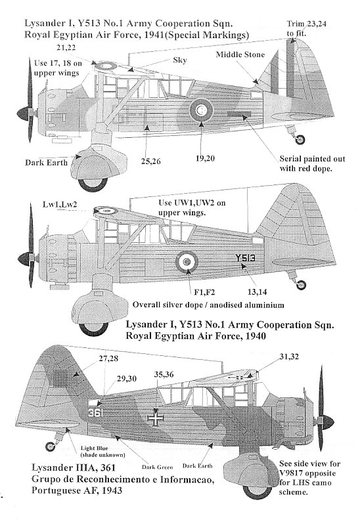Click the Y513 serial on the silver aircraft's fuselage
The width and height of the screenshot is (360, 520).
[245, 257]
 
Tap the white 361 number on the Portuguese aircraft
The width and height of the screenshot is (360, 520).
[96, 413]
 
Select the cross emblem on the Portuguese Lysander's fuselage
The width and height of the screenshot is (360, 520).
[155, 418]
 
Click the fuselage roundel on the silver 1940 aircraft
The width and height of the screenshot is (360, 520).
[187, 261]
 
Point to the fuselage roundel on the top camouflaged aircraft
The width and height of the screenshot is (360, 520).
[202, 110]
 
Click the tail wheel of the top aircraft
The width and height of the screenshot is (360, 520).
[300, 140]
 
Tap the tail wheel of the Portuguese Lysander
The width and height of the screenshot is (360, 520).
[51, 446]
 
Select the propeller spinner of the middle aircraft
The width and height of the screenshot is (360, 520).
[24, 258]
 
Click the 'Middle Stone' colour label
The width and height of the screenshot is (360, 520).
[240, 54]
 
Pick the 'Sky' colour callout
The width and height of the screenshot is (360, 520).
[180, 60]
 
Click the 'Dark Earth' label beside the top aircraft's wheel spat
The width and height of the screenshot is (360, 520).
[46, 163]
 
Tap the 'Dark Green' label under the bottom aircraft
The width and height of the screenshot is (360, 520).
[157, 467]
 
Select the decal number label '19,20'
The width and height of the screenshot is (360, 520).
[205, 158]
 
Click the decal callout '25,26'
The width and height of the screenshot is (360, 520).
[150, 161]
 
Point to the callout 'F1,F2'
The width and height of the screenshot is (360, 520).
[204, 292]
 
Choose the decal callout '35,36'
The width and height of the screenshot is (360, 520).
[164, 374]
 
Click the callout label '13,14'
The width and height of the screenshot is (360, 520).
[257, 292]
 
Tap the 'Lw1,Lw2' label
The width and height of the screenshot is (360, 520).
[60, 204]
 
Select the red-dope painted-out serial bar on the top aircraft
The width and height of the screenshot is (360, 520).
[238, 114]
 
